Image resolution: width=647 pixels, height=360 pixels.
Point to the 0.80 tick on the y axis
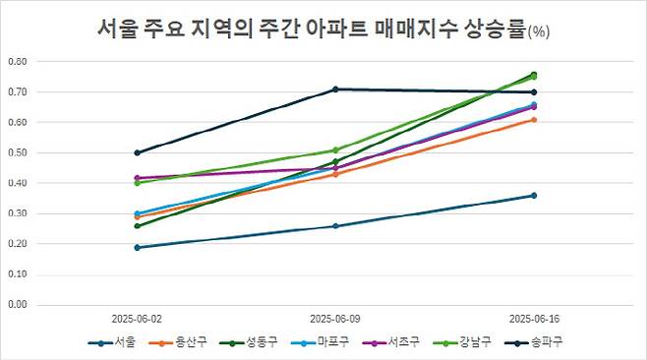tap(17, 61)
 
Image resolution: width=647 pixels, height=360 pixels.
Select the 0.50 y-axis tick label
tap(17, 152)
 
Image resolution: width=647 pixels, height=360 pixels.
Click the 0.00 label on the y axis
tap(17, 304)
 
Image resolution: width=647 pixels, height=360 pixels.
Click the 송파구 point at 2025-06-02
tap(138, 152)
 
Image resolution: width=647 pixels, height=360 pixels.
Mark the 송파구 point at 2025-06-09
tap(335, 90)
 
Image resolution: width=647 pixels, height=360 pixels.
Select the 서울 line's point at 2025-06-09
tap(335, 226)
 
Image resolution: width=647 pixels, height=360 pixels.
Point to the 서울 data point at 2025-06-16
tap(534, 196)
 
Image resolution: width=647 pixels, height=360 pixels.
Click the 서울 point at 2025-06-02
tap(138, 247)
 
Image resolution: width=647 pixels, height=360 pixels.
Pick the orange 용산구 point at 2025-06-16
tap(534, 120)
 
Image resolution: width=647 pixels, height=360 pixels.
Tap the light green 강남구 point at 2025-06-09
tap(335, 150)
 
